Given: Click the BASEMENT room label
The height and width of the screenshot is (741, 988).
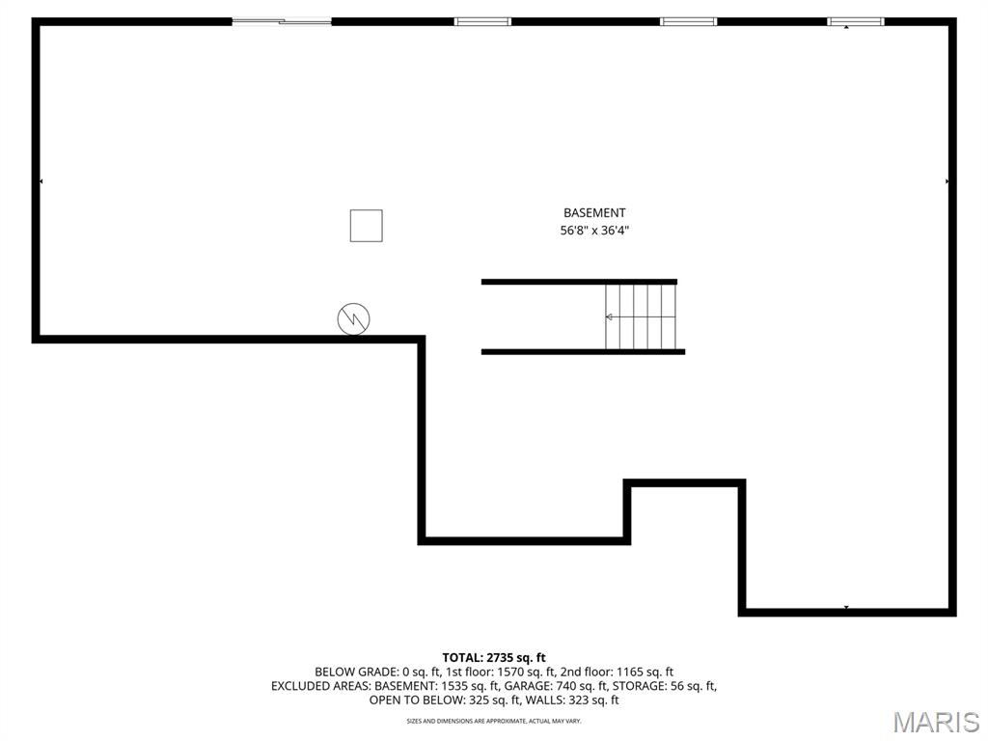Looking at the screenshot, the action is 594,213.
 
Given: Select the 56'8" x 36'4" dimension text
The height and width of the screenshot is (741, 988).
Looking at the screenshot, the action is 594,231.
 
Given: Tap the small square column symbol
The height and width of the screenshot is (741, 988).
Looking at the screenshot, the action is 366,226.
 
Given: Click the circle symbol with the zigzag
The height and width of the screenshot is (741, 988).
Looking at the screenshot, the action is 353,318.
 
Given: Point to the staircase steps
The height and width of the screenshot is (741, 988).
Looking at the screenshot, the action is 641,316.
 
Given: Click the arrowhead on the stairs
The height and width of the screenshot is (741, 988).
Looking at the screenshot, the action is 609,316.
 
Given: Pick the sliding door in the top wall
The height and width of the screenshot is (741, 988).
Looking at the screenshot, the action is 282,21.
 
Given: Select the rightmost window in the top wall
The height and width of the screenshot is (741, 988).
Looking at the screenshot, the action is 855,21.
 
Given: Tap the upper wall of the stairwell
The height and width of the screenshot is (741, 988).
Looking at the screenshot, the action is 579,282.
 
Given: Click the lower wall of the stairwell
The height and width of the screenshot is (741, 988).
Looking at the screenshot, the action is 583,351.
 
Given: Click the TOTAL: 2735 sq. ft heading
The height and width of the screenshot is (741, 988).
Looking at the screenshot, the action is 494,658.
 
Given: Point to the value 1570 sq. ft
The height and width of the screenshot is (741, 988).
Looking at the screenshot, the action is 525,672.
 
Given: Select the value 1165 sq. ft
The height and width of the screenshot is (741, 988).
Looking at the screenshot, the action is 645,672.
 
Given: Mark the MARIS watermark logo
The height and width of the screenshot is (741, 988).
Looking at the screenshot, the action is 937,722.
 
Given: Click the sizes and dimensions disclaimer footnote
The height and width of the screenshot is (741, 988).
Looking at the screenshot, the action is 494,720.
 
